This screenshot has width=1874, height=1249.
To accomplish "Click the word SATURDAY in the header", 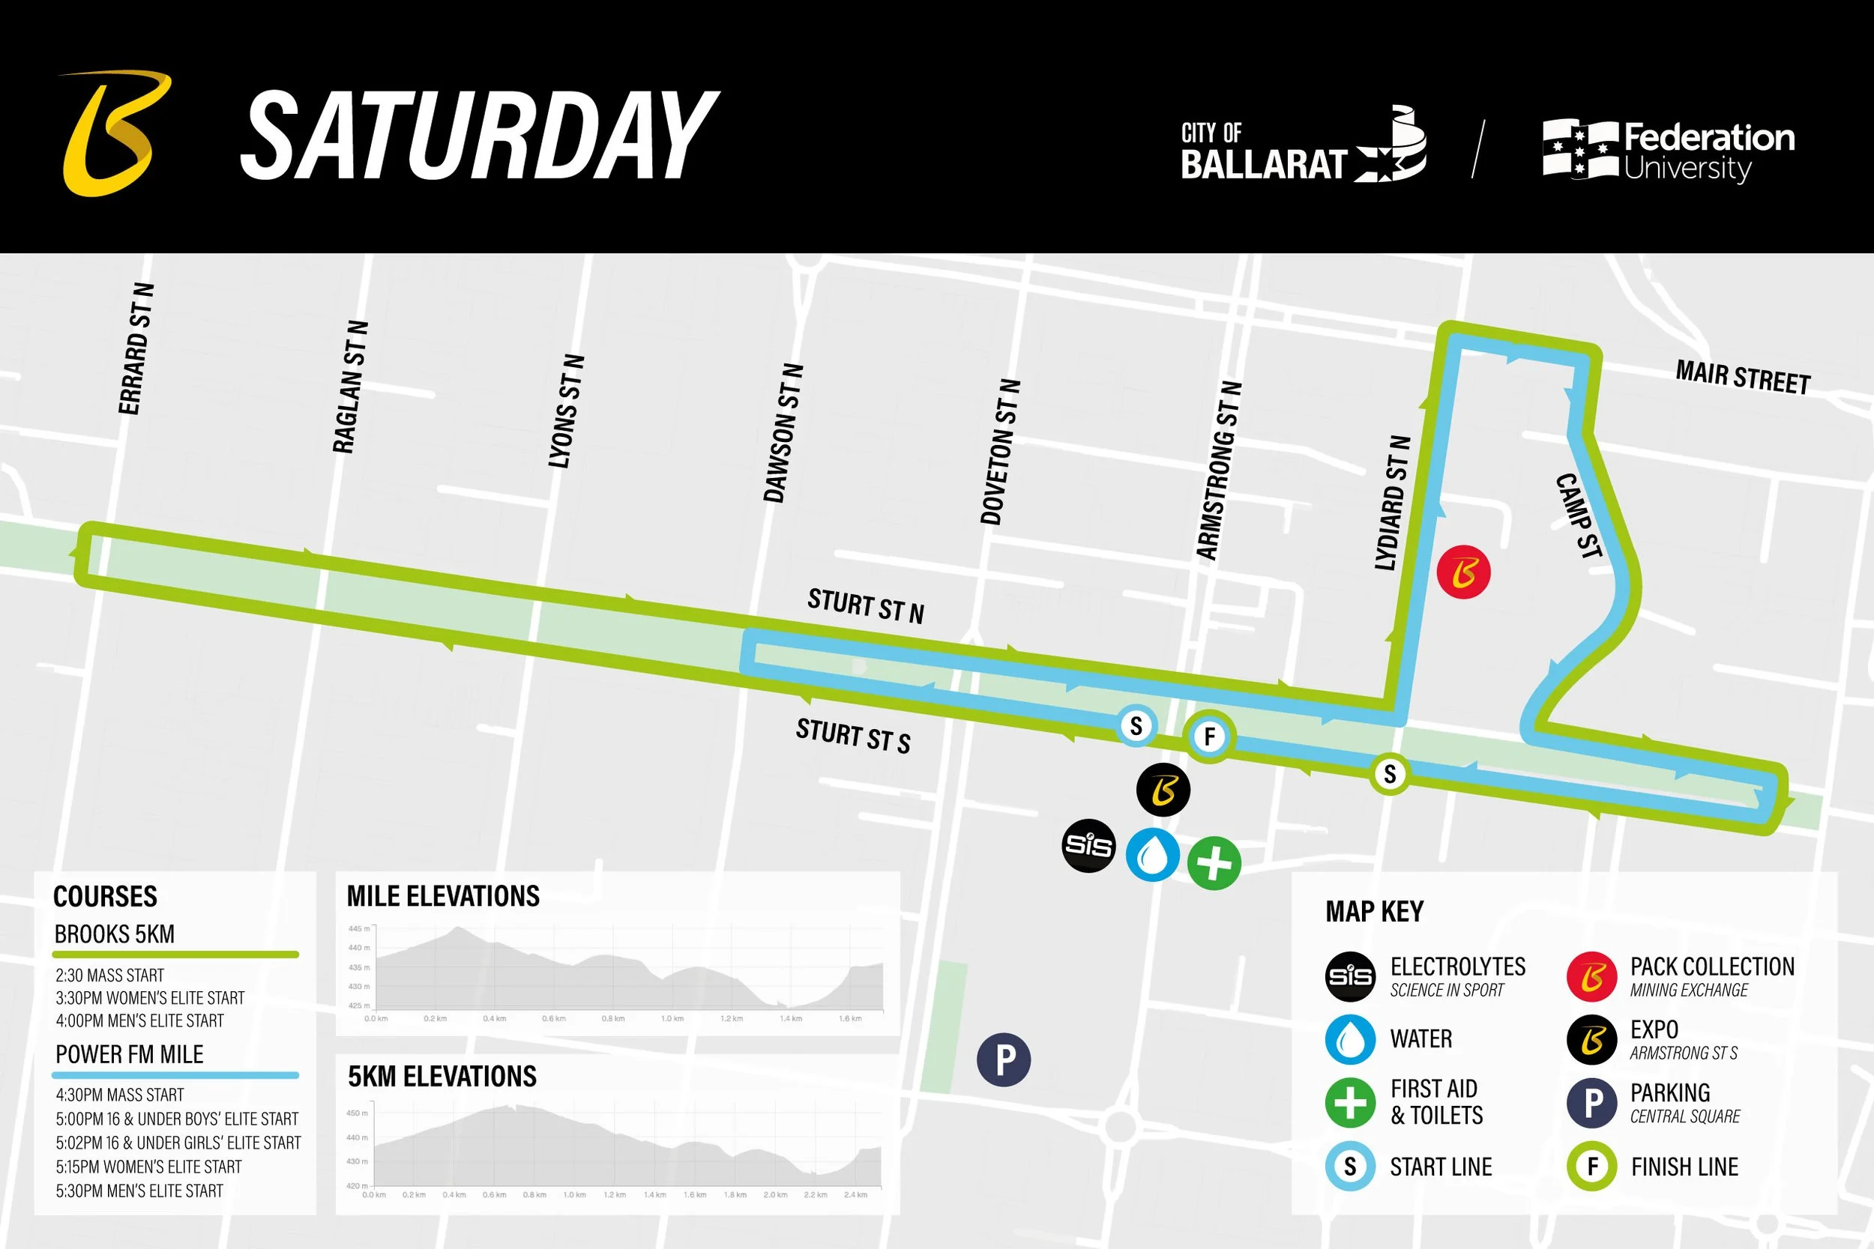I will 479,136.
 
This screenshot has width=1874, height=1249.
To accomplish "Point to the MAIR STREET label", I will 1743,378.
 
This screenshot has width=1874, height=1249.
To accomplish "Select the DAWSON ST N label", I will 783,433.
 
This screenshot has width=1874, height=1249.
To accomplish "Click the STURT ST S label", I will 852,735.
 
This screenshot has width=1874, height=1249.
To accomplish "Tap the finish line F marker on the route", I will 1208,736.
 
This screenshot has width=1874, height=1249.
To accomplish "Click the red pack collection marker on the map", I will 1464,572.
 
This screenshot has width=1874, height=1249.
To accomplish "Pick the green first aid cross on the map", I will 1214,862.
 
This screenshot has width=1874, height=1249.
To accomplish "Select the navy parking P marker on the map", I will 1004,1059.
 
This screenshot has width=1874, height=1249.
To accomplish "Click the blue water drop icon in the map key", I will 1350,1039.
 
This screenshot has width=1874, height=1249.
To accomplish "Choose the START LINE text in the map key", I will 1441,1167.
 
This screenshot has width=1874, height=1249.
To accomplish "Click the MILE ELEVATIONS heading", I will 443,896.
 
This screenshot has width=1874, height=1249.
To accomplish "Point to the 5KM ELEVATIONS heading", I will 442,1077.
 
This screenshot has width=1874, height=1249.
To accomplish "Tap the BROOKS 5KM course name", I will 115,934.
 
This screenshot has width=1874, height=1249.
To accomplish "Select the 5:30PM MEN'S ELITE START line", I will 139,1191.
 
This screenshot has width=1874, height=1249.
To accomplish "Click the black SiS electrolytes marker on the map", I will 1088,845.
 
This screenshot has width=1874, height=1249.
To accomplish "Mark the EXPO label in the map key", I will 1654,1029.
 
